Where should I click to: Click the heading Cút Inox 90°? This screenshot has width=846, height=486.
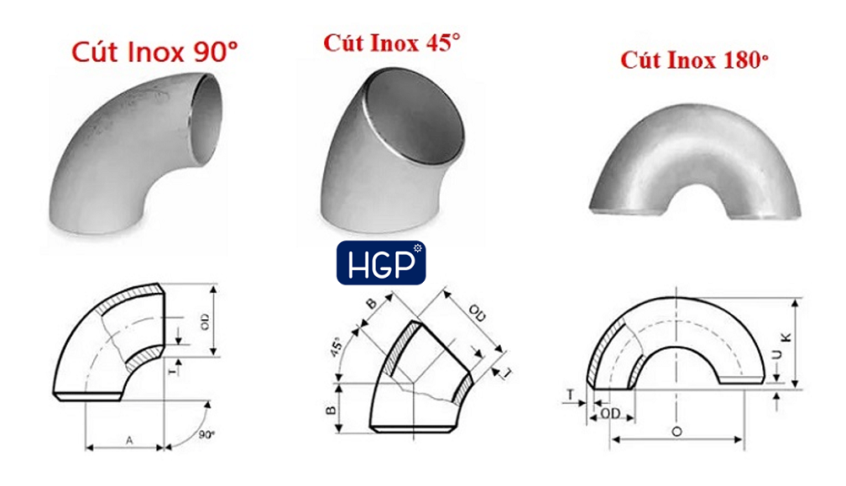[x=155, y=52]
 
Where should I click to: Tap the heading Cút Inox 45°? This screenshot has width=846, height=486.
[x=392, y=42]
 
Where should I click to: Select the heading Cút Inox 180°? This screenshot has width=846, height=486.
[x=694, y=60]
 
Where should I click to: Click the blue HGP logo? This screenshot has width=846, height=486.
[x=381, y=263]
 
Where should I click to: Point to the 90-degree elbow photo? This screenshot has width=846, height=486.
[x=135, y=154]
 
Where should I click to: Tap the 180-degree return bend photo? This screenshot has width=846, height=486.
[x=695, y=162]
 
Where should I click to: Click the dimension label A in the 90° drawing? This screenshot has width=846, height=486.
[x=129, y=440]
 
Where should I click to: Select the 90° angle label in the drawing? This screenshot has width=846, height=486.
[x=206, y=434]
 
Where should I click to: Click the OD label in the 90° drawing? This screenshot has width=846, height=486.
[x=205, y=322]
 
